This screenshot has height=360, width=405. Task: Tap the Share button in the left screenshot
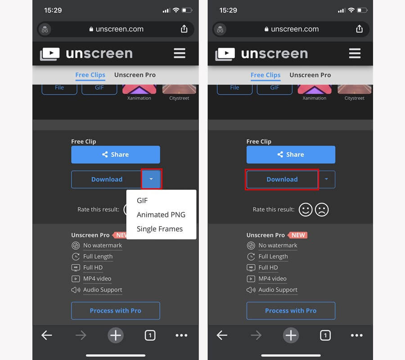click(x=116, y=154)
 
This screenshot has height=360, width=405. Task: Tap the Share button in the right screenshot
click(x=291, y=154)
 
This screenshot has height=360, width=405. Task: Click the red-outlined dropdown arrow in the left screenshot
click(x=151, y=179)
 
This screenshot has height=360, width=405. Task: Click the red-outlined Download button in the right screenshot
click(x=282, y=179)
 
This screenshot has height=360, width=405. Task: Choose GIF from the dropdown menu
click(x=142, y=200)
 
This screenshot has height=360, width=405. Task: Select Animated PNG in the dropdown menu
click(x=161, y=215)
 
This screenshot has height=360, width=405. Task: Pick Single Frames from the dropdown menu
click(x=160, y=229)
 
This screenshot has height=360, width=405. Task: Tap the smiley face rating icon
click(x=306, y=209)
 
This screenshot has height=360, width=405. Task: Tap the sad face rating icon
click(x=322, y=209)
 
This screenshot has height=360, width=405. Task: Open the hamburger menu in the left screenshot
click(x=180, y=53)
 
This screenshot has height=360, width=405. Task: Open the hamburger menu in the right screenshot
click(x=355, y=53)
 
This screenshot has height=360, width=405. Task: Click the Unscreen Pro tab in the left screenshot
click(x=135, y=75)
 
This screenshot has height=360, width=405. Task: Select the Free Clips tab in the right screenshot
click(x=265, y=75)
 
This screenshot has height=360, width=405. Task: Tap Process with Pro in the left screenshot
click(x=116, y=310)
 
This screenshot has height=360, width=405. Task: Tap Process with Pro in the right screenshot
click(x=291, y=310)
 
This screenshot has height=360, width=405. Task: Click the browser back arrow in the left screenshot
click(x=47, y=335)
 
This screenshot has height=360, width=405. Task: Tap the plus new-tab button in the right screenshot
click(x=291, y=335)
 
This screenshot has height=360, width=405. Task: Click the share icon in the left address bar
click(x=184, y=29)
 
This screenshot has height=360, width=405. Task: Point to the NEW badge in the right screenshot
click(x=297, y=235)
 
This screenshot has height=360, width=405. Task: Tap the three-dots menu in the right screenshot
click(x=357, y=335)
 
